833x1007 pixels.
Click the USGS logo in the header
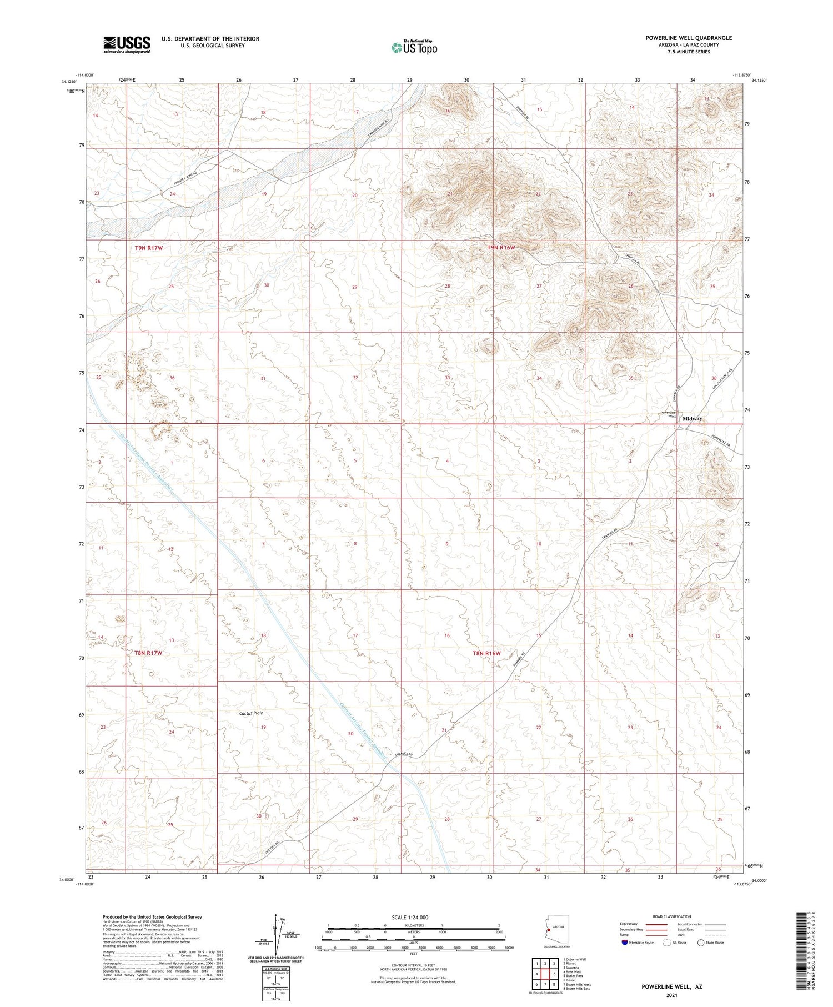pyautogui.click(x=127, y=44)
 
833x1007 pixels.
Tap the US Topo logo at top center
pyautogui.click(x=414, y=47)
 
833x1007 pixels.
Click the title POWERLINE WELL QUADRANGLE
pyautogui.click(x=689, y=38)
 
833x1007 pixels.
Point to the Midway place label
pyautogui.click(x=693, y=418)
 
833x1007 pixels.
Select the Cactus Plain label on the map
pyautogui.click(x=251, y=713)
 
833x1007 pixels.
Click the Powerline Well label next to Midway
pyautogui.click(x=668, y=414)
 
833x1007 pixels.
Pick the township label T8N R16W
pyautogui.click(x=486, y=653)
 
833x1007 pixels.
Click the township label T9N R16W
pyautogui.click(x=501, y=247)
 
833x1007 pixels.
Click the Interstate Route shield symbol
pyautogui.click(x=625, y=943)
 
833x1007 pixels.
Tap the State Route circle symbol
pyautogui.click(x=701, y=943)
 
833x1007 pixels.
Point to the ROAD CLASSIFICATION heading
pyautogui.click(x=672, y=916)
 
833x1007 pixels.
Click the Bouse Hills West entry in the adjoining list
pyautogui.click(x=576, y=984)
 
